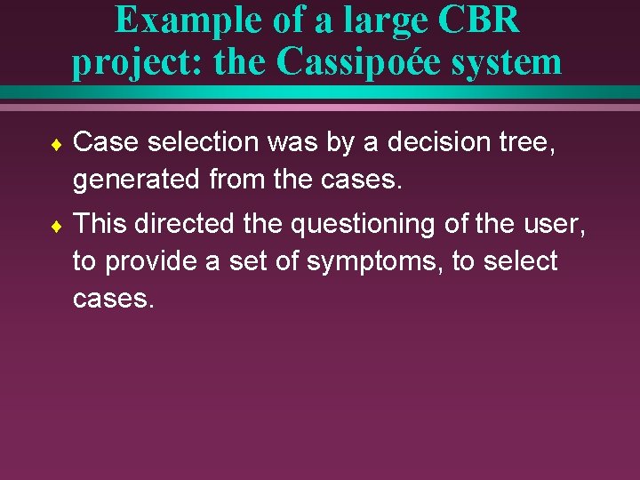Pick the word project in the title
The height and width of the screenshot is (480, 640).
[x=116, y=62]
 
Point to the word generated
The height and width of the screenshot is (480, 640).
[x=137, y=181]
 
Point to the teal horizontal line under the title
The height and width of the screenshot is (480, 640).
[x=320, y=92]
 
